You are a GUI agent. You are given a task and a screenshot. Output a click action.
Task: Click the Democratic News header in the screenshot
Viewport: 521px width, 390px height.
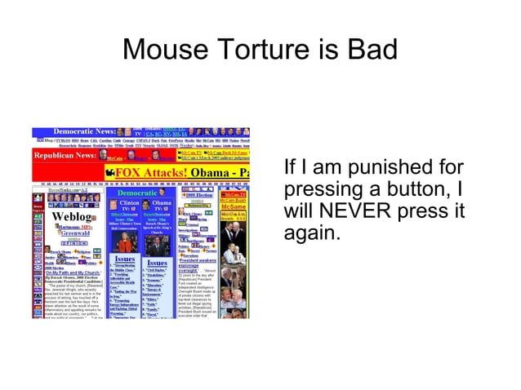click(x=82, y=131)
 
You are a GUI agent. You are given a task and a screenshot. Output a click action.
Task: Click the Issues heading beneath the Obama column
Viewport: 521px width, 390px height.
click(x=158, y=263)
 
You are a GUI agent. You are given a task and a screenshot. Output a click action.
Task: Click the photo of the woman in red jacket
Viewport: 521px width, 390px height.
click(x=126, y=243)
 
